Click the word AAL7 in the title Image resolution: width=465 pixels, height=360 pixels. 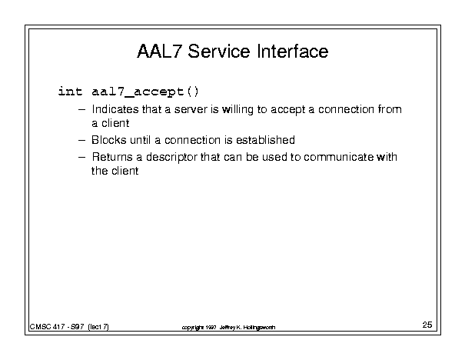click(158, 51)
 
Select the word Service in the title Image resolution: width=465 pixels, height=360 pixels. click(219, 51)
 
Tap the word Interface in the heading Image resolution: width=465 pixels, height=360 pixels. click(293, 51)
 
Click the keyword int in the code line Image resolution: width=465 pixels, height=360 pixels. click(70, 91)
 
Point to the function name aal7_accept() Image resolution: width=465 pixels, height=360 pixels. click(145, 92)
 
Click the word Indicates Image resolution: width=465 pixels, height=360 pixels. click(115, 109)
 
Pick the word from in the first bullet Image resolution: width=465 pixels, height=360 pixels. click(390, 109)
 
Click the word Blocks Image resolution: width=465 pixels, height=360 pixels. click(109, 140)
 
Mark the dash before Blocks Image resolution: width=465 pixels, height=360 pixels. click(81, 140)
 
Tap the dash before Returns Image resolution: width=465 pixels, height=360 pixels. click(81, 157)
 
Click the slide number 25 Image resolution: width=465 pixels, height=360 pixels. click(427, 325)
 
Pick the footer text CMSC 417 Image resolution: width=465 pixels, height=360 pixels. click(47, 327)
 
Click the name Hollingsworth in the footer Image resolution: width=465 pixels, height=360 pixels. click(260, 328)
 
